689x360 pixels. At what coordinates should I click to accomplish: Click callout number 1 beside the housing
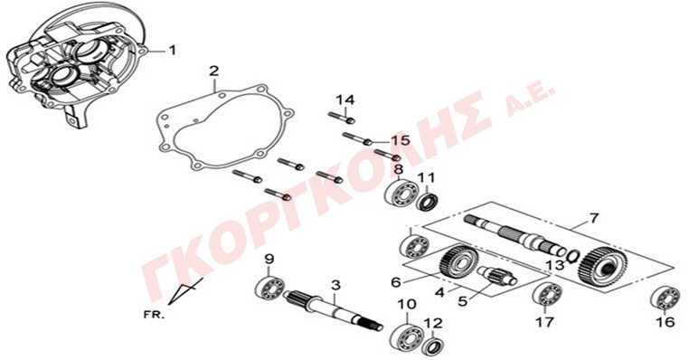click(172, 51)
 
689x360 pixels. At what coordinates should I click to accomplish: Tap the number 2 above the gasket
click(213, 71)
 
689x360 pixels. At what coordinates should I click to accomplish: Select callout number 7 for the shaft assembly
click(593, 218)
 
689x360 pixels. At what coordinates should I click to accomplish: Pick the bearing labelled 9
click(269, 287)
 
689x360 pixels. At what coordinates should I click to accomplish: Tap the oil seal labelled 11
click(426, 200)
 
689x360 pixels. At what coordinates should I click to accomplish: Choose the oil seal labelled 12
click(433, 346)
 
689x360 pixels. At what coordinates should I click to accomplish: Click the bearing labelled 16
click(665, 298)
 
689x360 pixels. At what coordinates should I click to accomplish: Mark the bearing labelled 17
click(548, 294)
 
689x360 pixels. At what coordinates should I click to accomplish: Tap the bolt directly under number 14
click(342, 117)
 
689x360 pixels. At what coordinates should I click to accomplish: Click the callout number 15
click(401, 141)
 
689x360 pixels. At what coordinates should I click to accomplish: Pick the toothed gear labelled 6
click(458, 262)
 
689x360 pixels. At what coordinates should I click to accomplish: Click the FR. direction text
click(154, 315)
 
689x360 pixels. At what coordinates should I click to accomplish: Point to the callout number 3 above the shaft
click(335, 286)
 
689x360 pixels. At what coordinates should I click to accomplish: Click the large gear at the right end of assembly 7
click(602, 270)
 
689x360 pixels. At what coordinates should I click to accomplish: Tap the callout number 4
click(439, 292)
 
